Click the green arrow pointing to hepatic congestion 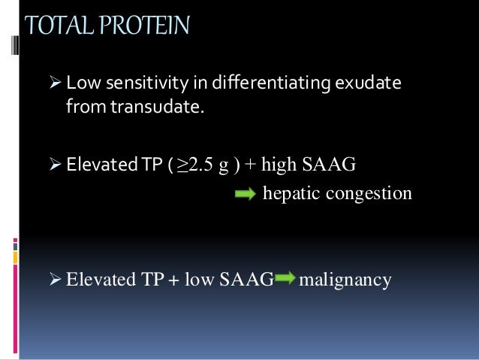click(245, 194)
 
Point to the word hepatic click(288, 193)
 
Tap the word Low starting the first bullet click(79, 82)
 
